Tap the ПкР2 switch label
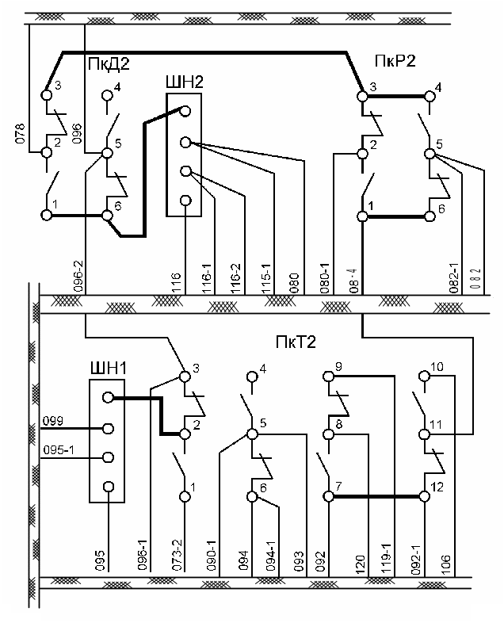coord(395,62)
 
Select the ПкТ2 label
coord(296,342)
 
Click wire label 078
coord(21,136)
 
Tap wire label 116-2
coord(235,281)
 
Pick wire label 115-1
coord(265,281)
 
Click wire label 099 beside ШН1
coord(53,421)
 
